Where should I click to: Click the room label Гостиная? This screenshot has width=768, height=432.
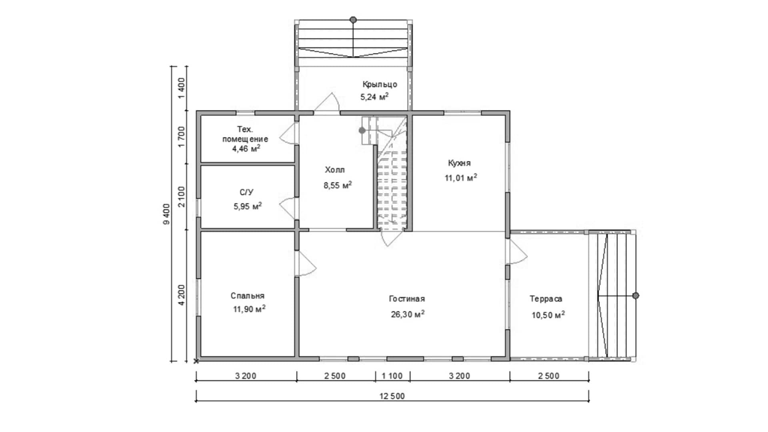(407, 299)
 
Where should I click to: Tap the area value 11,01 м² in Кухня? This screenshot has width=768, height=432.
(461, 178)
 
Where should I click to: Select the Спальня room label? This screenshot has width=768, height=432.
(248, 296)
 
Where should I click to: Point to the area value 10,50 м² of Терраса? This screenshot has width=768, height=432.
(548, 315)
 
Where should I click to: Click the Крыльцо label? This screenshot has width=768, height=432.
(380, 84)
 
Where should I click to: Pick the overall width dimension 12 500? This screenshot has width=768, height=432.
(392, 396)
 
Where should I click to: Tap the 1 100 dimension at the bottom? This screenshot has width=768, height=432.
(392, 376)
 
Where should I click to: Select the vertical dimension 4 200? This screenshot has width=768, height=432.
(182, 295)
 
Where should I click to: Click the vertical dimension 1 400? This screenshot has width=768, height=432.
(182, 88)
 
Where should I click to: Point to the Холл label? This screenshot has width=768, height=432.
(335, 170)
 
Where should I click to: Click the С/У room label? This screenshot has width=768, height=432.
(246, 192)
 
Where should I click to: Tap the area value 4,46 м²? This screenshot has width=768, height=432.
(246, 149)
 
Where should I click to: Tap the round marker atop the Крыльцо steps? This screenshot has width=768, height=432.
(353, 19)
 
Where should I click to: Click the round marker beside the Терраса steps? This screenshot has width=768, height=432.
(636, 296)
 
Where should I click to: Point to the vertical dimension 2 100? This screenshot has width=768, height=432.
(182, 197)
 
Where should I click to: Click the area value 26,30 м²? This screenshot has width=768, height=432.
(408, 314)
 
